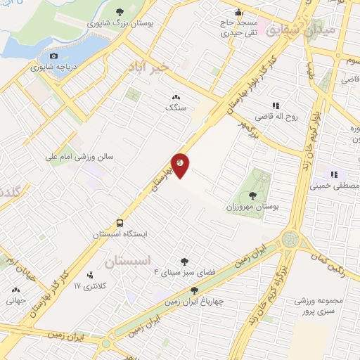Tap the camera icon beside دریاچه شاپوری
(x=53, y=56)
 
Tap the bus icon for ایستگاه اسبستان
(x=121, y=220)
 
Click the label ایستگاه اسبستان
(x=121, y=232)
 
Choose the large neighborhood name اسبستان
(x=130, y=262)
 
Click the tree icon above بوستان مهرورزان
(x=252, y=195)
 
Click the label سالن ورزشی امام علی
(x=81, y=157)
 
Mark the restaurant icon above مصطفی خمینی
(x=335, y=174)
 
